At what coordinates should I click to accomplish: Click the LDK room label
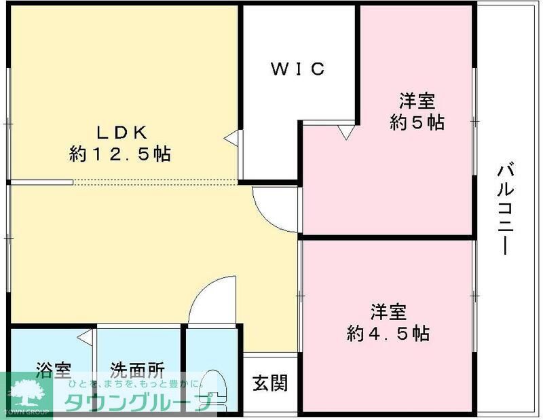tap(119, 131)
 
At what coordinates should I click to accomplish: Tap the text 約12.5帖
tap(119, 154)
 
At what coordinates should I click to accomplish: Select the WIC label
tap(299, 69)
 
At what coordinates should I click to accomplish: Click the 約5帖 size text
tap(417, 123)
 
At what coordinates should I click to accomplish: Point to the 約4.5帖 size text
tap(388, 334)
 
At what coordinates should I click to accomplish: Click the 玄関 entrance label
tap(270, 383)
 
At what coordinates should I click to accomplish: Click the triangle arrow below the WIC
tap(346, 132)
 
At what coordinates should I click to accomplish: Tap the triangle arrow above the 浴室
tap(85, 336)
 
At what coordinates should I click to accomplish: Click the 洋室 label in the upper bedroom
tap(417, 101)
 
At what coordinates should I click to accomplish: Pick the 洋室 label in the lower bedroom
tap(388, 312)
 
